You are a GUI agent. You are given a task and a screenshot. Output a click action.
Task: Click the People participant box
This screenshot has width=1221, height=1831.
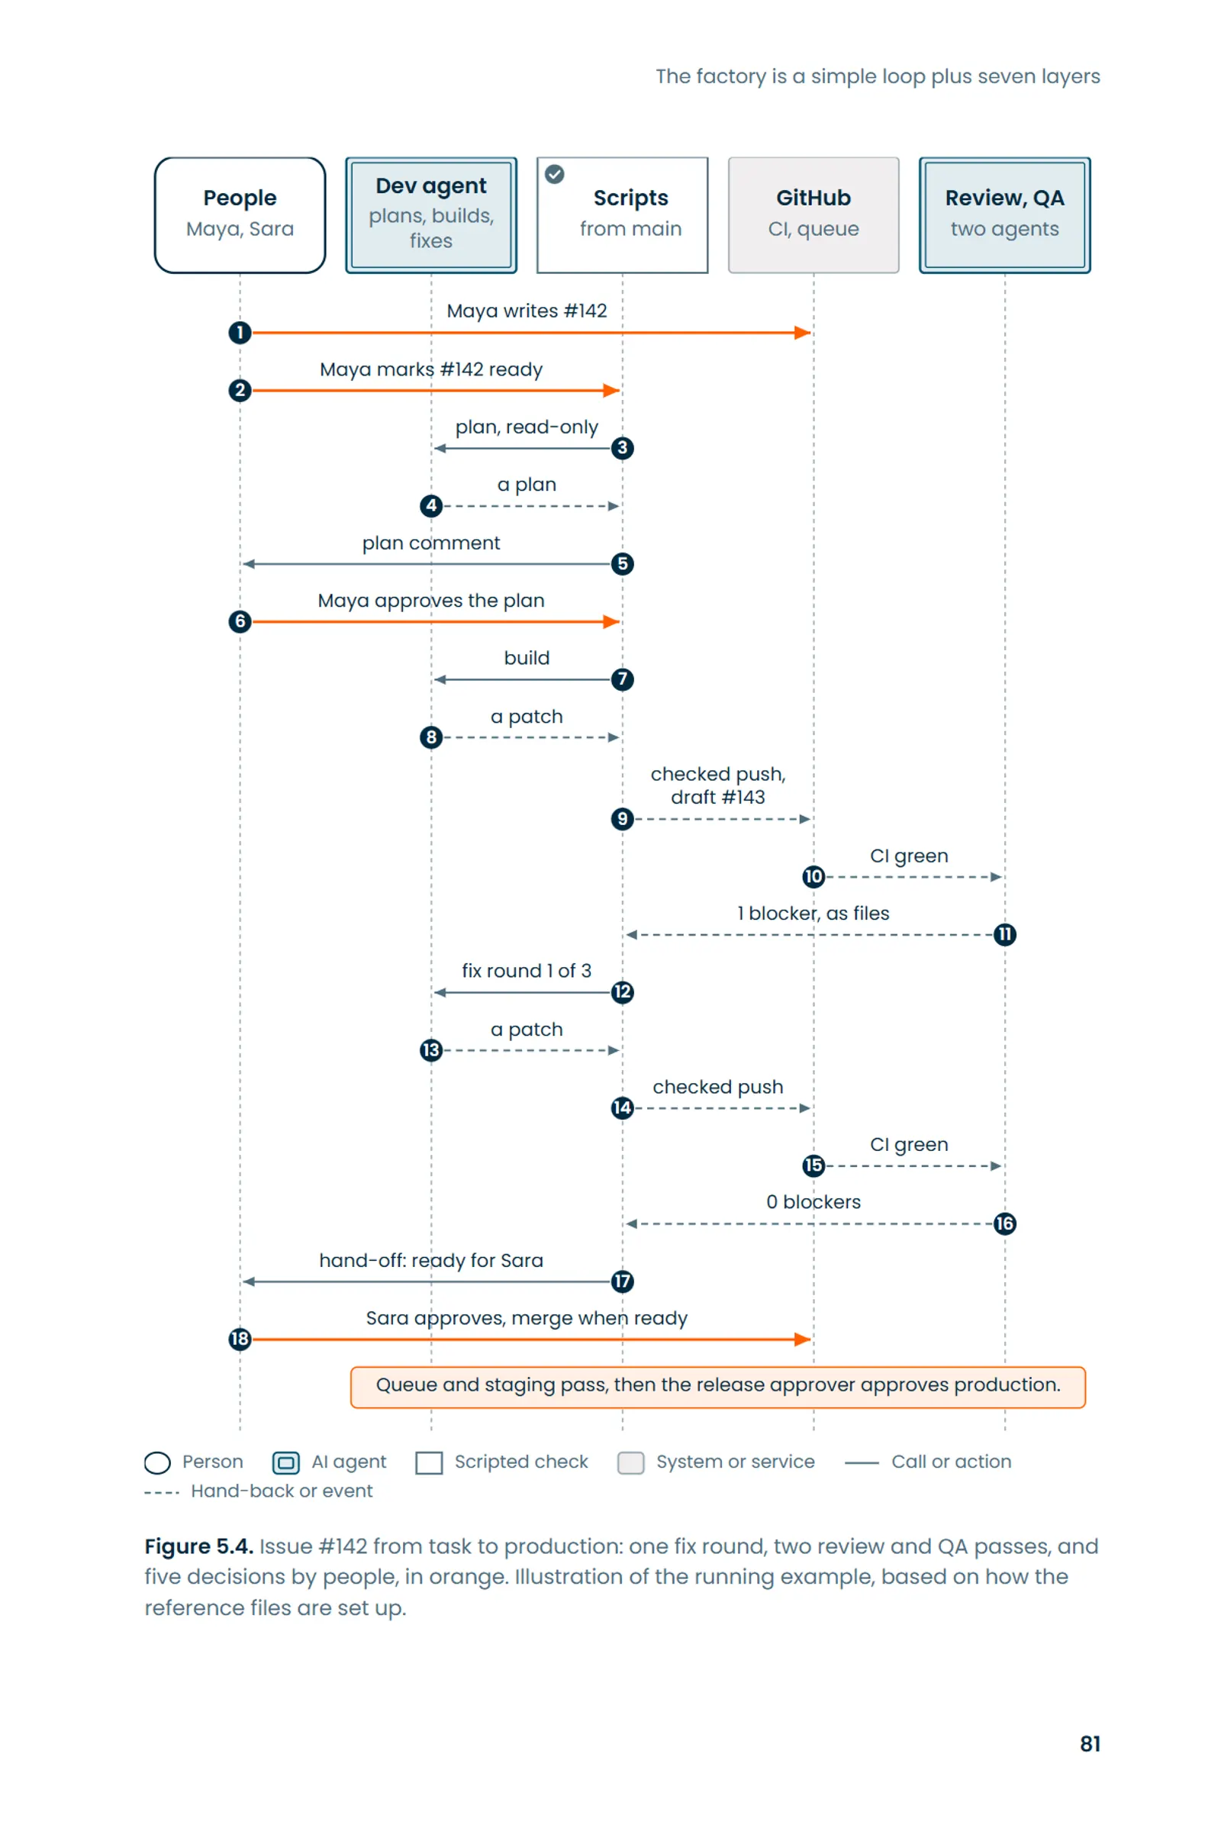[240, 215]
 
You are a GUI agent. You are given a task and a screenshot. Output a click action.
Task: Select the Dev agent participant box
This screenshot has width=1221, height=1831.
[430, 215]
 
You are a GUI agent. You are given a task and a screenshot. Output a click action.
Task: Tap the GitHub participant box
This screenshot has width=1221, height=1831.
[813, 215]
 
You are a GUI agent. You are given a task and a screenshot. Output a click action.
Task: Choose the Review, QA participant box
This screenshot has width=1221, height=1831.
[1004, 215]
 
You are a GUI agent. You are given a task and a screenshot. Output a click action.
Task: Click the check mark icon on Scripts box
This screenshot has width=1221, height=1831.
[555, 174]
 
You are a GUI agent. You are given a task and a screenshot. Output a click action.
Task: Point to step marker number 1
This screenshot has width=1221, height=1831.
[240, 333]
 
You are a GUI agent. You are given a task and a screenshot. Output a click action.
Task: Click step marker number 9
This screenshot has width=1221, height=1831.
[622, 818]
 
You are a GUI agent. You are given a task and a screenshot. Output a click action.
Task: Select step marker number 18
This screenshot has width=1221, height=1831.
[240, 1339]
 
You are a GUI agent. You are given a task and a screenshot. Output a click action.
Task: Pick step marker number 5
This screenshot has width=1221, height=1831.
[622, 564]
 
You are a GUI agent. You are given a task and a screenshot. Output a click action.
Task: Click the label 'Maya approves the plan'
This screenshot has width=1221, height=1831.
[430, 601]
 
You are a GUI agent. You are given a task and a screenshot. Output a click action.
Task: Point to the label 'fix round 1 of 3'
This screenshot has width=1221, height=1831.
[527, 970]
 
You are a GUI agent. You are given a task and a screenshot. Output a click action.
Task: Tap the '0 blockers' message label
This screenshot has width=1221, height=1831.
[813, 1202]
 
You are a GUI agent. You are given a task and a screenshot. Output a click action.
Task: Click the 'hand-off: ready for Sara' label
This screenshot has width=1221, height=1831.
[430, 1260]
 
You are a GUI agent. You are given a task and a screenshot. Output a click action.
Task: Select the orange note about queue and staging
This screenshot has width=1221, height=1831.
[718, 1387]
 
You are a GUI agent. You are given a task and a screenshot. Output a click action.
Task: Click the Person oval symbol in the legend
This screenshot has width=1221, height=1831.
[157, 1462]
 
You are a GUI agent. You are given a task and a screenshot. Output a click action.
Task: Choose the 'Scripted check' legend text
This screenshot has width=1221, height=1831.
[521, 1462]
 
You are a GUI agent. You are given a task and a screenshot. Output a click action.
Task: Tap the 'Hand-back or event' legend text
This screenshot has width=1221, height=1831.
[282, 1491]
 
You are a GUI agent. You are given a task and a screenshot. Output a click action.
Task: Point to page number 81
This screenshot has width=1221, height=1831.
[1090, 1744]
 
